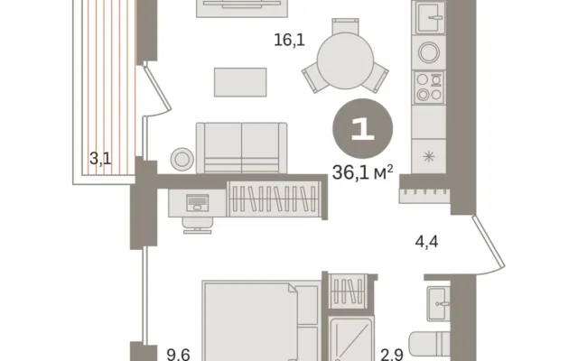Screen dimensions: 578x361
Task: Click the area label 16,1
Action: point(289,40)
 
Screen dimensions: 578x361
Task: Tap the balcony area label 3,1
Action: point(100,159)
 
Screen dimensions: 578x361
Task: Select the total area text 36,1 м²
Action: point(362,172)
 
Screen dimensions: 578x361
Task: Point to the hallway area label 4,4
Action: point(426,242)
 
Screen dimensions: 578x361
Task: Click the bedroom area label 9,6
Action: point(179,355)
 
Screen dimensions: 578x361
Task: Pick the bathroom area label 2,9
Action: point(392,355)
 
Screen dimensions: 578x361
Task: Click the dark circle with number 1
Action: point(363,128)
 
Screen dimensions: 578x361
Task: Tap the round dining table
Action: point(345,60)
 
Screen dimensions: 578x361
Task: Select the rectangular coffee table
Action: point(240,82)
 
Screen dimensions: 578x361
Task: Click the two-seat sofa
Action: point(241,148)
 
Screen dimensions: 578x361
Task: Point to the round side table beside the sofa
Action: point(182,159)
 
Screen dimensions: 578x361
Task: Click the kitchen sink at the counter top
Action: point(430,17)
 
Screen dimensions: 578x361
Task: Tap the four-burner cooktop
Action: point(429,87)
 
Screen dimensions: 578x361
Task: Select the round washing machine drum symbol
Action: point(429,52)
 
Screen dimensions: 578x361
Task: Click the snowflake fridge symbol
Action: point(429,157)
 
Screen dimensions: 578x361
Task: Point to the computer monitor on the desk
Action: point(198,202)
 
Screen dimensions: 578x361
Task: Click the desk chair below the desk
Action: point(198,225)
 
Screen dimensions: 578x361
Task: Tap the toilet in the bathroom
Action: point(430,345)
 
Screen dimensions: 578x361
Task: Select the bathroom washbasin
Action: point(438,303)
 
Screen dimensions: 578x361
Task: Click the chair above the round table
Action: point(345,25)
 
